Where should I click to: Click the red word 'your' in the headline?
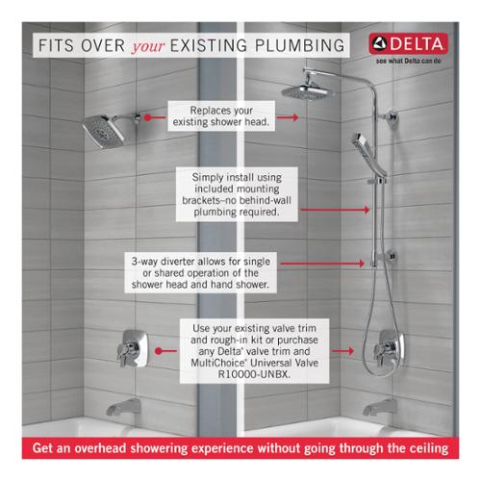click(148, 47)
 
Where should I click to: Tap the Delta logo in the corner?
click(408, 44)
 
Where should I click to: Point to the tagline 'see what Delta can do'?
click(409, 61)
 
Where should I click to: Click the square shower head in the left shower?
click(103, 132)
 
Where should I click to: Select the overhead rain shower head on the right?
click(308, 91)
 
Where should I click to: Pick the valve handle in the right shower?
click(389, 349)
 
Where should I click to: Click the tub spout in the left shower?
click(124, 408)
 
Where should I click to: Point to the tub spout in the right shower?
click(380, 408)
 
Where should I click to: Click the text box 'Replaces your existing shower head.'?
click(221, 116)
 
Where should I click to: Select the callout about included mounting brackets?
click(237, 194)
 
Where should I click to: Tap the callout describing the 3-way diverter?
click(201, 273)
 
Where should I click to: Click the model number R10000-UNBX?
click(254, 374)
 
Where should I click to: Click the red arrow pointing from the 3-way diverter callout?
click(322, 264)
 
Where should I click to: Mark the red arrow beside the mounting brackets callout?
click(335, 210)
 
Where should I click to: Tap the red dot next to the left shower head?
click(147, 117)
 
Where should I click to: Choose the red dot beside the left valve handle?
click(158, 351)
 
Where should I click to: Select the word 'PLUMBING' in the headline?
click(299, 45)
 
